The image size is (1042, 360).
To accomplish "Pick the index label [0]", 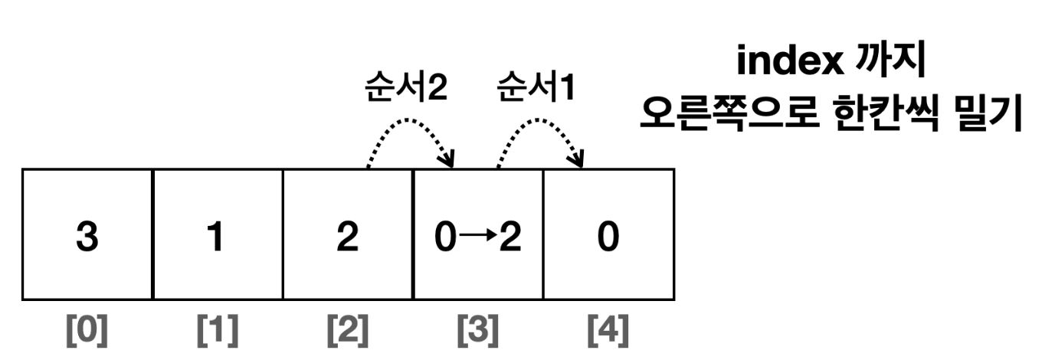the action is click(87, 330).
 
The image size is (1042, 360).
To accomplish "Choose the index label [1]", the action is click(217, 330).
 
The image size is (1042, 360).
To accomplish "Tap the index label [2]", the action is click(347, 330).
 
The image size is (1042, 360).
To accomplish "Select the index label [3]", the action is click(477, 330).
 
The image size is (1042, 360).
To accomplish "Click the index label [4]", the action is click(608, 330).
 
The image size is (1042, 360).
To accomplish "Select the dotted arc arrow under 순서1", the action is click(541, 130).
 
